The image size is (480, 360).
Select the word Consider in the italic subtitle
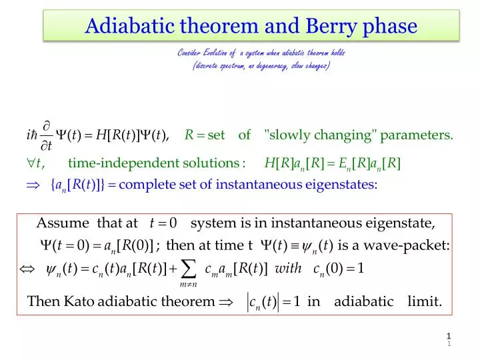[190, 53]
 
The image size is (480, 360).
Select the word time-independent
[114, 163]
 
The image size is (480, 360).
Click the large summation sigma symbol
[189, 269]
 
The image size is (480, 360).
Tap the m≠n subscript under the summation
[188, 285]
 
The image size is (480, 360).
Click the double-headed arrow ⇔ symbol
[26, 269]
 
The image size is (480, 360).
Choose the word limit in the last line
[424, 301]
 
